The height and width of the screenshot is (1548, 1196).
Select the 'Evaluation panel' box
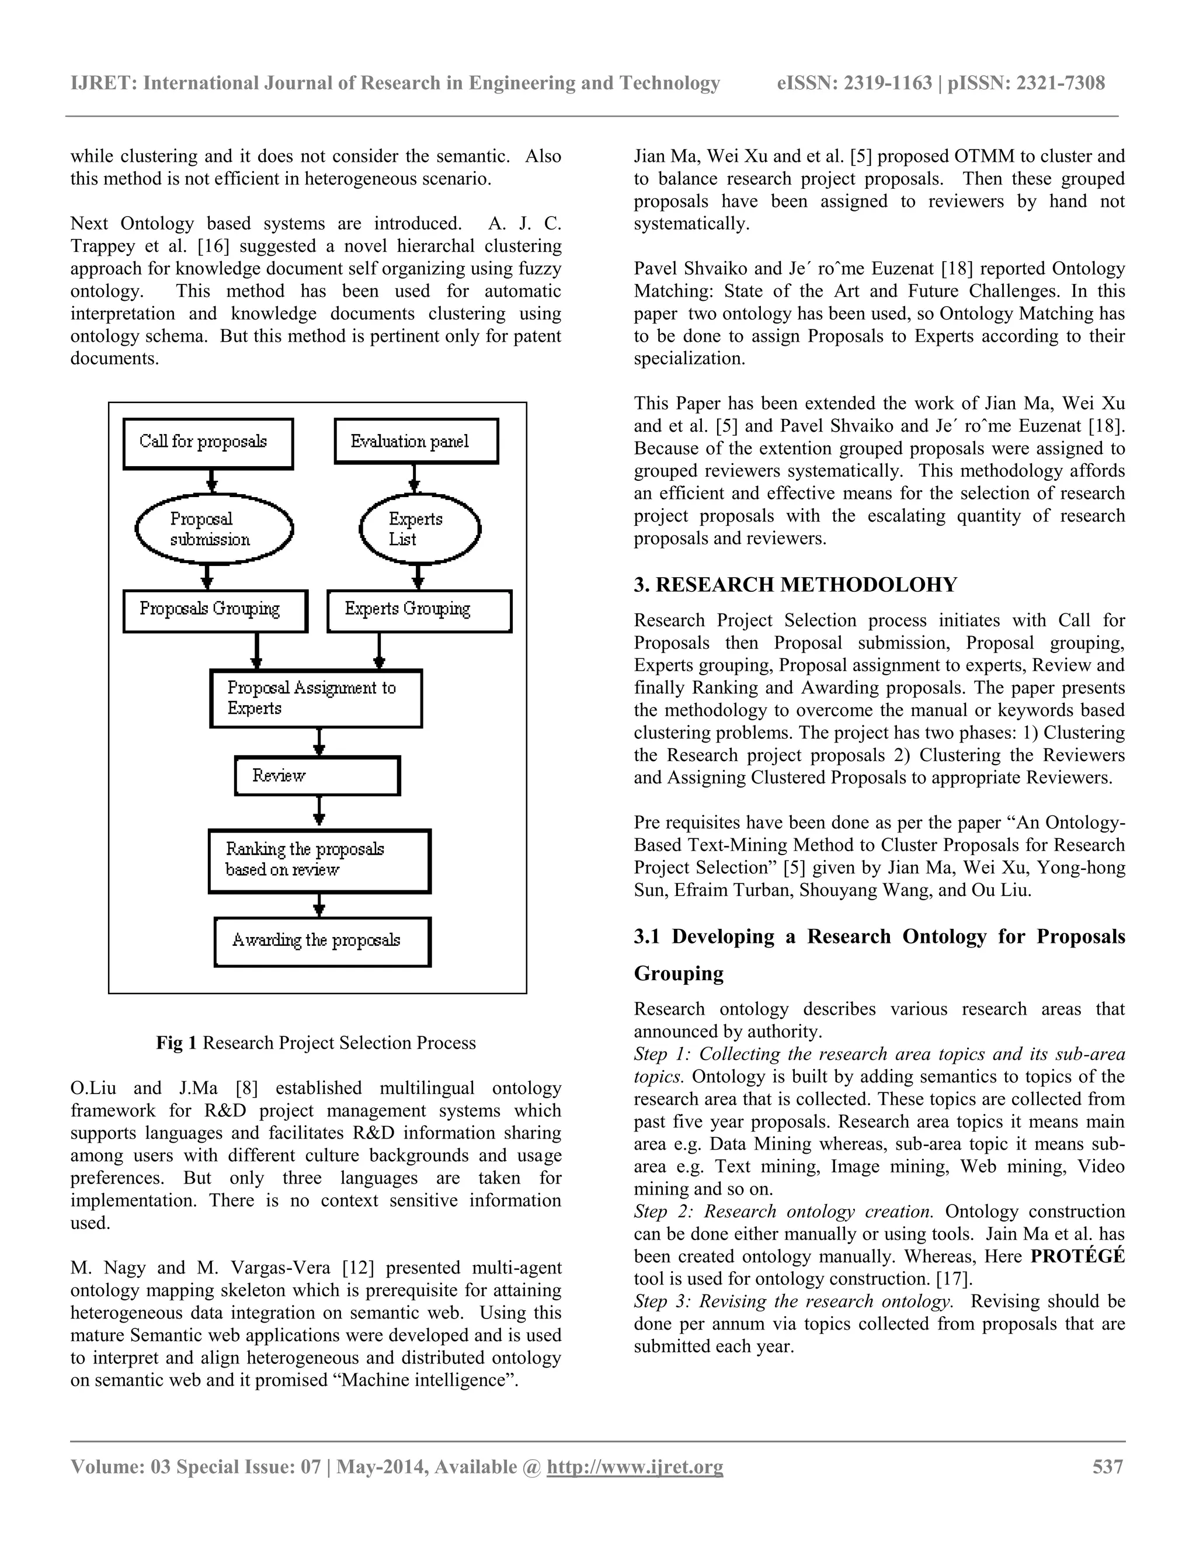tap(416, 441)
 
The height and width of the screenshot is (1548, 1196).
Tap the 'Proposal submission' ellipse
tap(214, 529)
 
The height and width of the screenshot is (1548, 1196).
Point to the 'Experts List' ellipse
tap(419, 529)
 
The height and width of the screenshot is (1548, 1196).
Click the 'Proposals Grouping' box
tap(215, 610)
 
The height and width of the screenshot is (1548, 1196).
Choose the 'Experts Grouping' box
tap(419, 610)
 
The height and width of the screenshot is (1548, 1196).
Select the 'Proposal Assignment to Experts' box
tap(316, 698)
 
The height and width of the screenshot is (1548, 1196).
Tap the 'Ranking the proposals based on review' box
tap(319, 860)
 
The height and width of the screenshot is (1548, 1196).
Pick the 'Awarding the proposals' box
tap(322, 941)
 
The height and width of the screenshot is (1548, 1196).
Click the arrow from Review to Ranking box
tap(319, 811)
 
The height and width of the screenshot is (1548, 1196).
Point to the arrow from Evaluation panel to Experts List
tap(415, 478)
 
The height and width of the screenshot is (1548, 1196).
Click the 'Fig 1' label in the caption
tap(176, 1043)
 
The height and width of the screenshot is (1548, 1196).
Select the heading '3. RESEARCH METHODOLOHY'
tap(795, 585)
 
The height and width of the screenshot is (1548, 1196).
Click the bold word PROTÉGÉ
tap(1077, 1257)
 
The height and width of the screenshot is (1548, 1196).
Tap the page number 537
tap(1107, 1466)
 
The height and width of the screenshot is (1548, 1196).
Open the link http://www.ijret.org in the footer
tap(635, 1466)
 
